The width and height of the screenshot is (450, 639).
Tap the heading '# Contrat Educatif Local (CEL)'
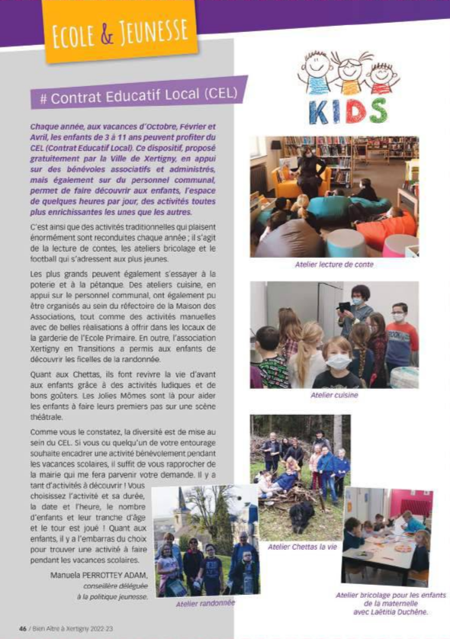tap(139, 95)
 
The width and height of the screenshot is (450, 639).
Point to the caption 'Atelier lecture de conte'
tap(334, 265)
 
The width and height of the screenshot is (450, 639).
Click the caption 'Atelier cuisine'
tap(334, 395)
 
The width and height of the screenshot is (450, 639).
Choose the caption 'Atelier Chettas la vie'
tap(302, 547)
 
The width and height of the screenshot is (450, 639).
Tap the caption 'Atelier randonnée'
tap(205, 603)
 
